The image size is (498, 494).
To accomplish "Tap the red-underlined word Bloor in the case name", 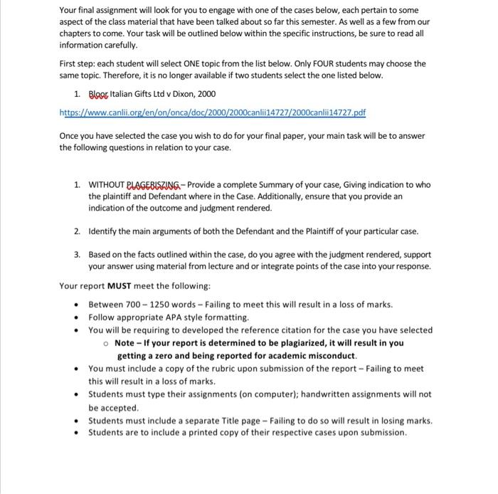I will pos(100,94).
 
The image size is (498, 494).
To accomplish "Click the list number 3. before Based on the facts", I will pos(77,254).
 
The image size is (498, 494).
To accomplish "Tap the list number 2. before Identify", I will pos(77,231).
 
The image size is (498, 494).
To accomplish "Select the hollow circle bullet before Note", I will pos(105,343).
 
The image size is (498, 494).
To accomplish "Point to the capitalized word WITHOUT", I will pos(106,184).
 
